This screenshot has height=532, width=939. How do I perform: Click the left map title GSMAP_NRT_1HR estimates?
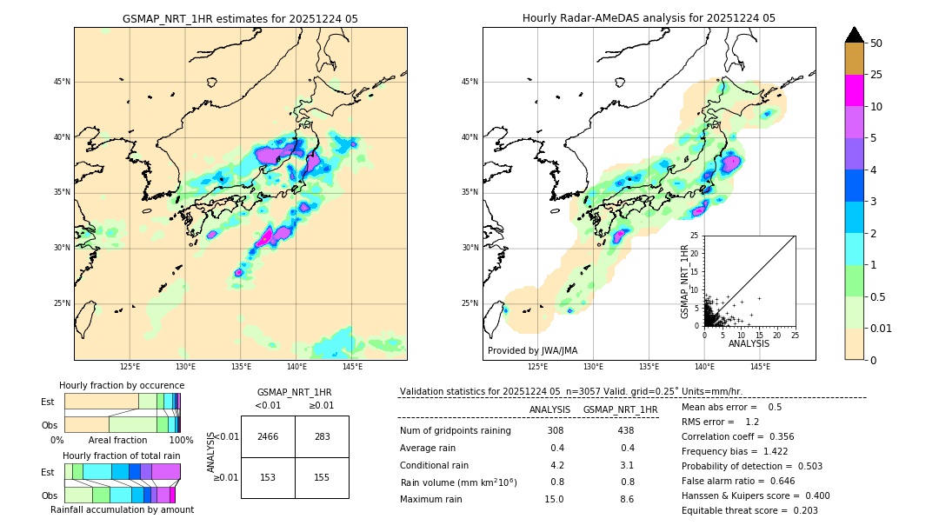[240, 18]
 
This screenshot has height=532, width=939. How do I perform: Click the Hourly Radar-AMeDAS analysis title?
[649, 18]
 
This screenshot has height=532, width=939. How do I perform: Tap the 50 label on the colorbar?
[876, 43]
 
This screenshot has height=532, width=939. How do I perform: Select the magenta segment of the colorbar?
[854, 90]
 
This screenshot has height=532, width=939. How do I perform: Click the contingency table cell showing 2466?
[268, 436]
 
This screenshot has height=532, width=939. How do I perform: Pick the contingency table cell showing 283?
[322, 436]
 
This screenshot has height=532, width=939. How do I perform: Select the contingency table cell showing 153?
[268, 477]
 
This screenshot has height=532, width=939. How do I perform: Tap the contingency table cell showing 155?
[322, 477]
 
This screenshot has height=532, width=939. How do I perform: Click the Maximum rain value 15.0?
[555, 499]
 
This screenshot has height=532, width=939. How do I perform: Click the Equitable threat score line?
[749, 510]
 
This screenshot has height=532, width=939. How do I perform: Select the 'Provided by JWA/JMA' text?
[532, 350]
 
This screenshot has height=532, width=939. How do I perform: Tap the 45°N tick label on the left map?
[61, 82]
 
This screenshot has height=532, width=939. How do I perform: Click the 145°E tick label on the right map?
[760, 368]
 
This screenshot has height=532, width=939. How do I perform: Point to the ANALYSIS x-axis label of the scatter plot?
[749, 343]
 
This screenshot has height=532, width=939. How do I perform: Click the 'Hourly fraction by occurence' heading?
[122, 385]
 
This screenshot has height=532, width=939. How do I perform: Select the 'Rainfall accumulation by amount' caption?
[122, 509]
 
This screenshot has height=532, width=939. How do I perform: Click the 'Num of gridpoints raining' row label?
[455, 430]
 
